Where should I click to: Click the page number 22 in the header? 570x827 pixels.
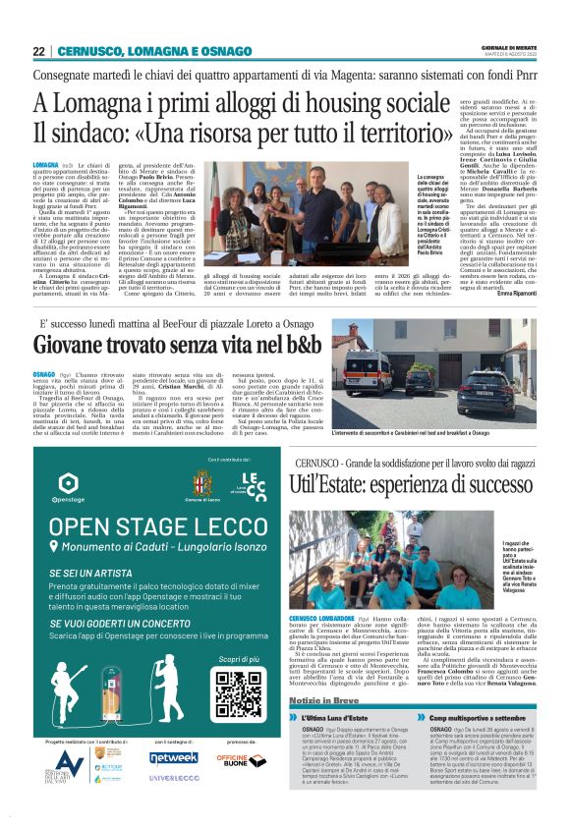tap(38, 51)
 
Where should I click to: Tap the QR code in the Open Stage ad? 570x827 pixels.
tap(240, 692)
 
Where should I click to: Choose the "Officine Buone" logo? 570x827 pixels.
tap(235, 759)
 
